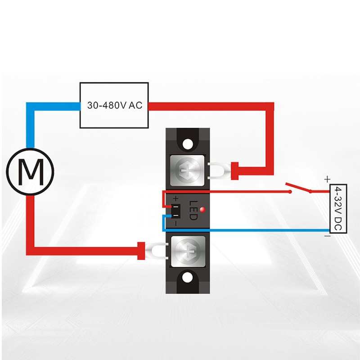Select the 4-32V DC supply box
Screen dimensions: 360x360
pos(337,209)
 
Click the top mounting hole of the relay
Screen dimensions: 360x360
pos(187,144)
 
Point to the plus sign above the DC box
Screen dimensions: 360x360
pos(327,179)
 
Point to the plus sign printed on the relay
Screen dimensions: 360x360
pos(175,198)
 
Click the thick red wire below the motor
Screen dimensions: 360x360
pos(31,225)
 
